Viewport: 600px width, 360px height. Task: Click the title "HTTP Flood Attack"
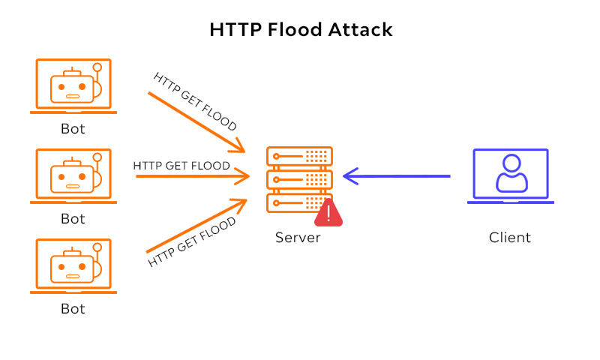300,30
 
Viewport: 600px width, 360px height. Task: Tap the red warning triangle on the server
328,214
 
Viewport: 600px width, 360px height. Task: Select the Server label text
298,238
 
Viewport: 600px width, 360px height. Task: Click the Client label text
510,238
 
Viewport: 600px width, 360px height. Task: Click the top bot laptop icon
73,86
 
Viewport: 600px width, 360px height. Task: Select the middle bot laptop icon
73,176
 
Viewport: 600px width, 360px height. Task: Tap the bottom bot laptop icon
73,266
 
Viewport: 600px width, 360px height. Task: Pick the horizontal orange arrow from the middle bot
191,177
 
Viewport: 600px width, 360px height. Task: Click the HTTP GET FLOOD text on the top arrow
196,100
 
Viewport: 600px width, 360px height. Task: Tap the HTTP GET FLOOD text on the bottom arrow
192,241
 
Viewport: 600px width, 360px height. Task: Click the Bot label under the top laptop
73,129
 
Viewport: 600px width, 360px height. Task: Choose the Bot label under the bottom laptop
73,308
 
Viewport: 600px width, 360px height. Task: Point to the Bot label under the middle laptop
73,219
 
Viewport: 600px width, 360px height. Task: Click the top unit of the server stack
299,156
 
